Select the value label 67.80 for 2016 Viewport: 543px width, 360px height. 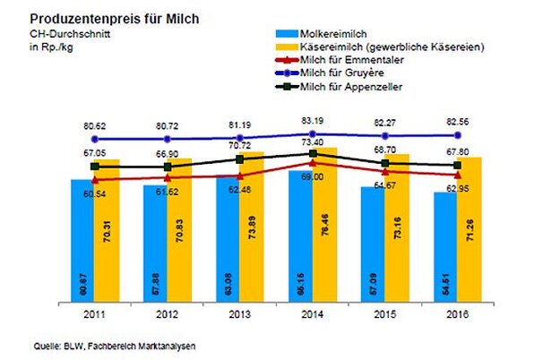[x=457, y=151]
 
